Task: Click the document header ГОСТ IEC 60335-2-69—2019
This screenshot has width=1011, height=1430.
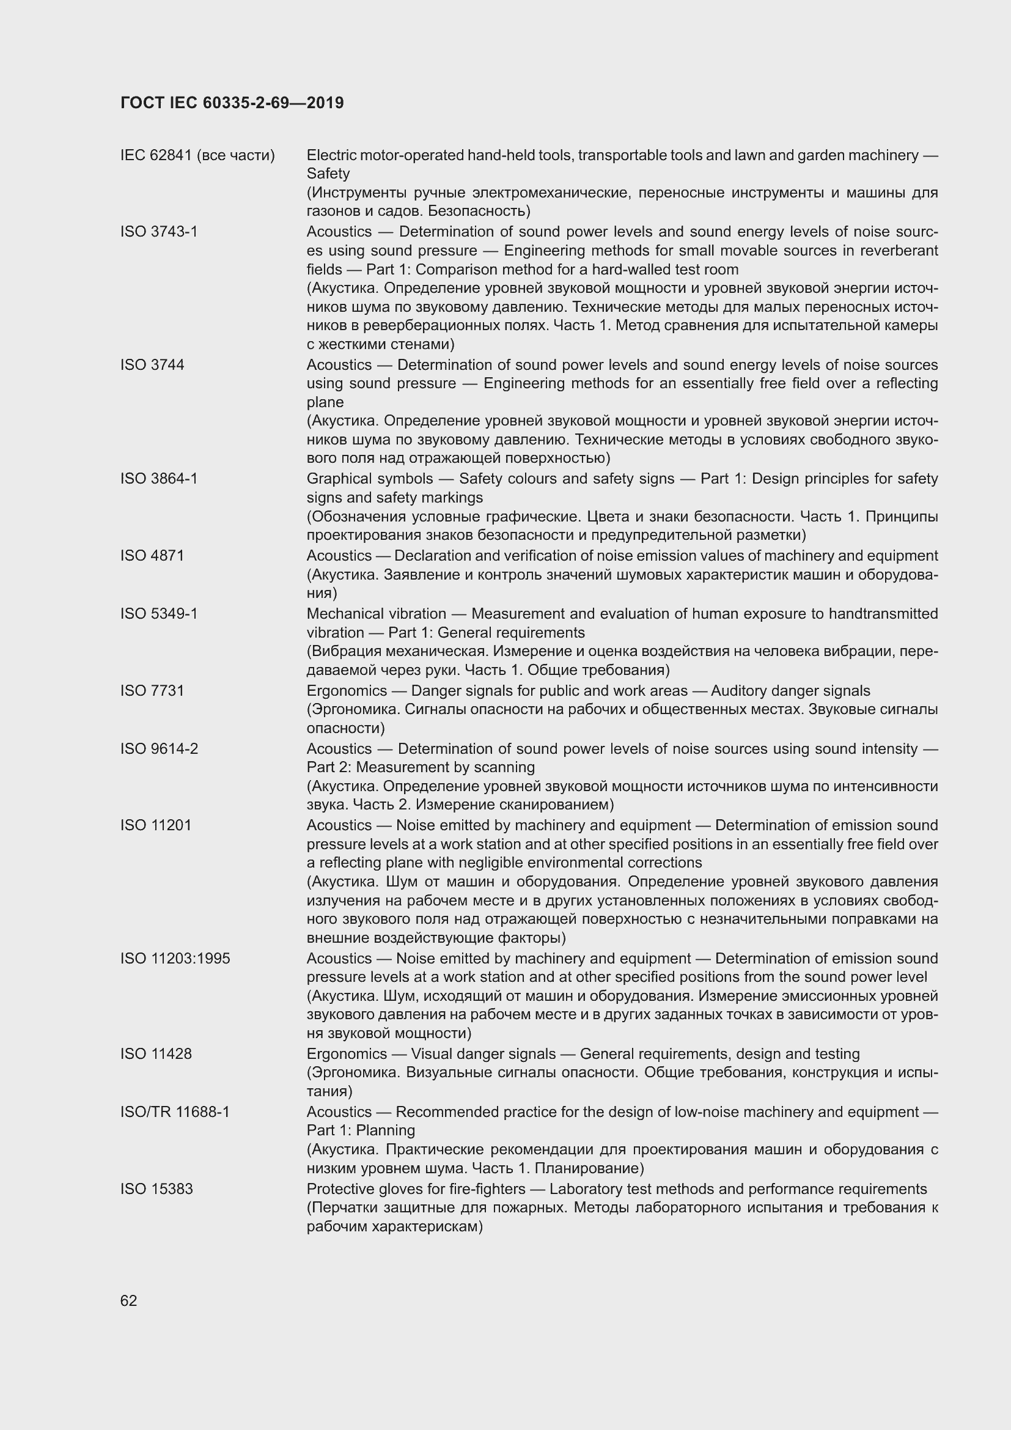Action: tap(232, 103)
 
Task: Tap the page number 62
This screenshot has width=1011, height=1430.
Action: tap(129, 1300)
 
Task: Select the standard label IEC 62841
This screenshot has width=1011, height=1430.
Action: tap(156, 155)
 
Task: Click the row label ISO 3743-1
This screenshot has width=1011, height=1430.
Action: tap(159, 232)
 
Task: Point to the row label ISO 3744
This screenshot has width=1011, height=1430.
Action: tap(153, 364)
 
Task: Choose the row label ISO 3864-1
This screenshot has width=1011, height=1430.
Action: tap(159, 478)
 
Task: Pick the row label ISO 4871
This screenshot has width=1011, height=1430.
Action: tap(153, 555)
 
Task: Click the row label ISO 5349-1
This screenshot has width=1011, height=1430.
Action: tap(159, 613)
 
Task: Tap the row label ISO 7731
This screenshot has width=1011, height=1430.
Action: tap(153, 690)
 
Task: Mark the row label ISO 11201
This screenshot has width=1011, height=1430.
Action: tap(156, 825)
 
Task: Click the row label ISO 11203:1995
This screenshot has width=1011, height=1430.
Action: tap(175, 958)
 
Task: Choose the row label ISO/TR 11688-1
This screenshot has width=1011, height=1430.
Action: tap(175, 1111)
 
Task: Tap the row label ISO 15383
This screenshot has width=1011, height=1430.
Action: tap(157, 1189)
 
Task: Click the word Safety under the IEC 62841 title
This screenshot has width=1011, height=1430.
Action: tap(328, 174)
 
